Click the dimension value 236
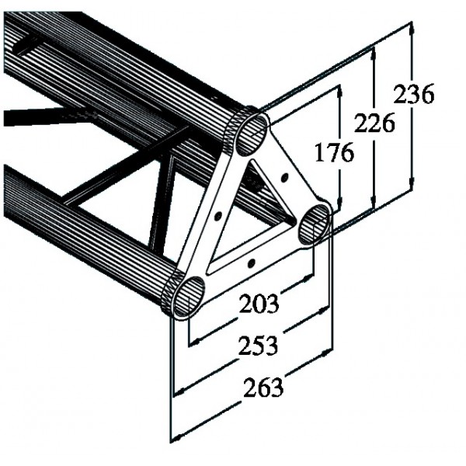click(x=414, y=94)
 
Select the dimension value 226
click(x=374, y=123)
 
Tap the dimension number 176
click(x=334, y=152)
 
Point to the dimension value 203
click(x=259, y=304)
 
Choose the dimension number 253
click(x=259, y=346)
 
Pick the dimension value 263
click(x=263, y=388)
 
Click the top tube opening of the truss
click(x=252, y=134)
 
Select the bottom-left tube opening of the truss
click(x=189, y=297)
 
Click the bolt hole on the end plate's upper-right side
click(x=284, y=178)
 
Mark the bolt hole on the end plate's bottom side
click(x=252, y=263)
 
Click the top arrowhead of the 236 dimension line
click(x=412, y=28)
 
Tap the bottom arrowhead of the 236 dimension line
click(x=411, y=183)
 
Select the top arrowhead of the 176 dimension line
click(x=339, y=92)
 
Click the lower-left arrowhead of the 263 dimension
click(x=179, y=438)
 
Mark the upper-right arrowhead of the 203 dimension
click(x=308, y=278)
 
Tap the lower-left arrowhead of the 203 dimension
click(x=196, y=343)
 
